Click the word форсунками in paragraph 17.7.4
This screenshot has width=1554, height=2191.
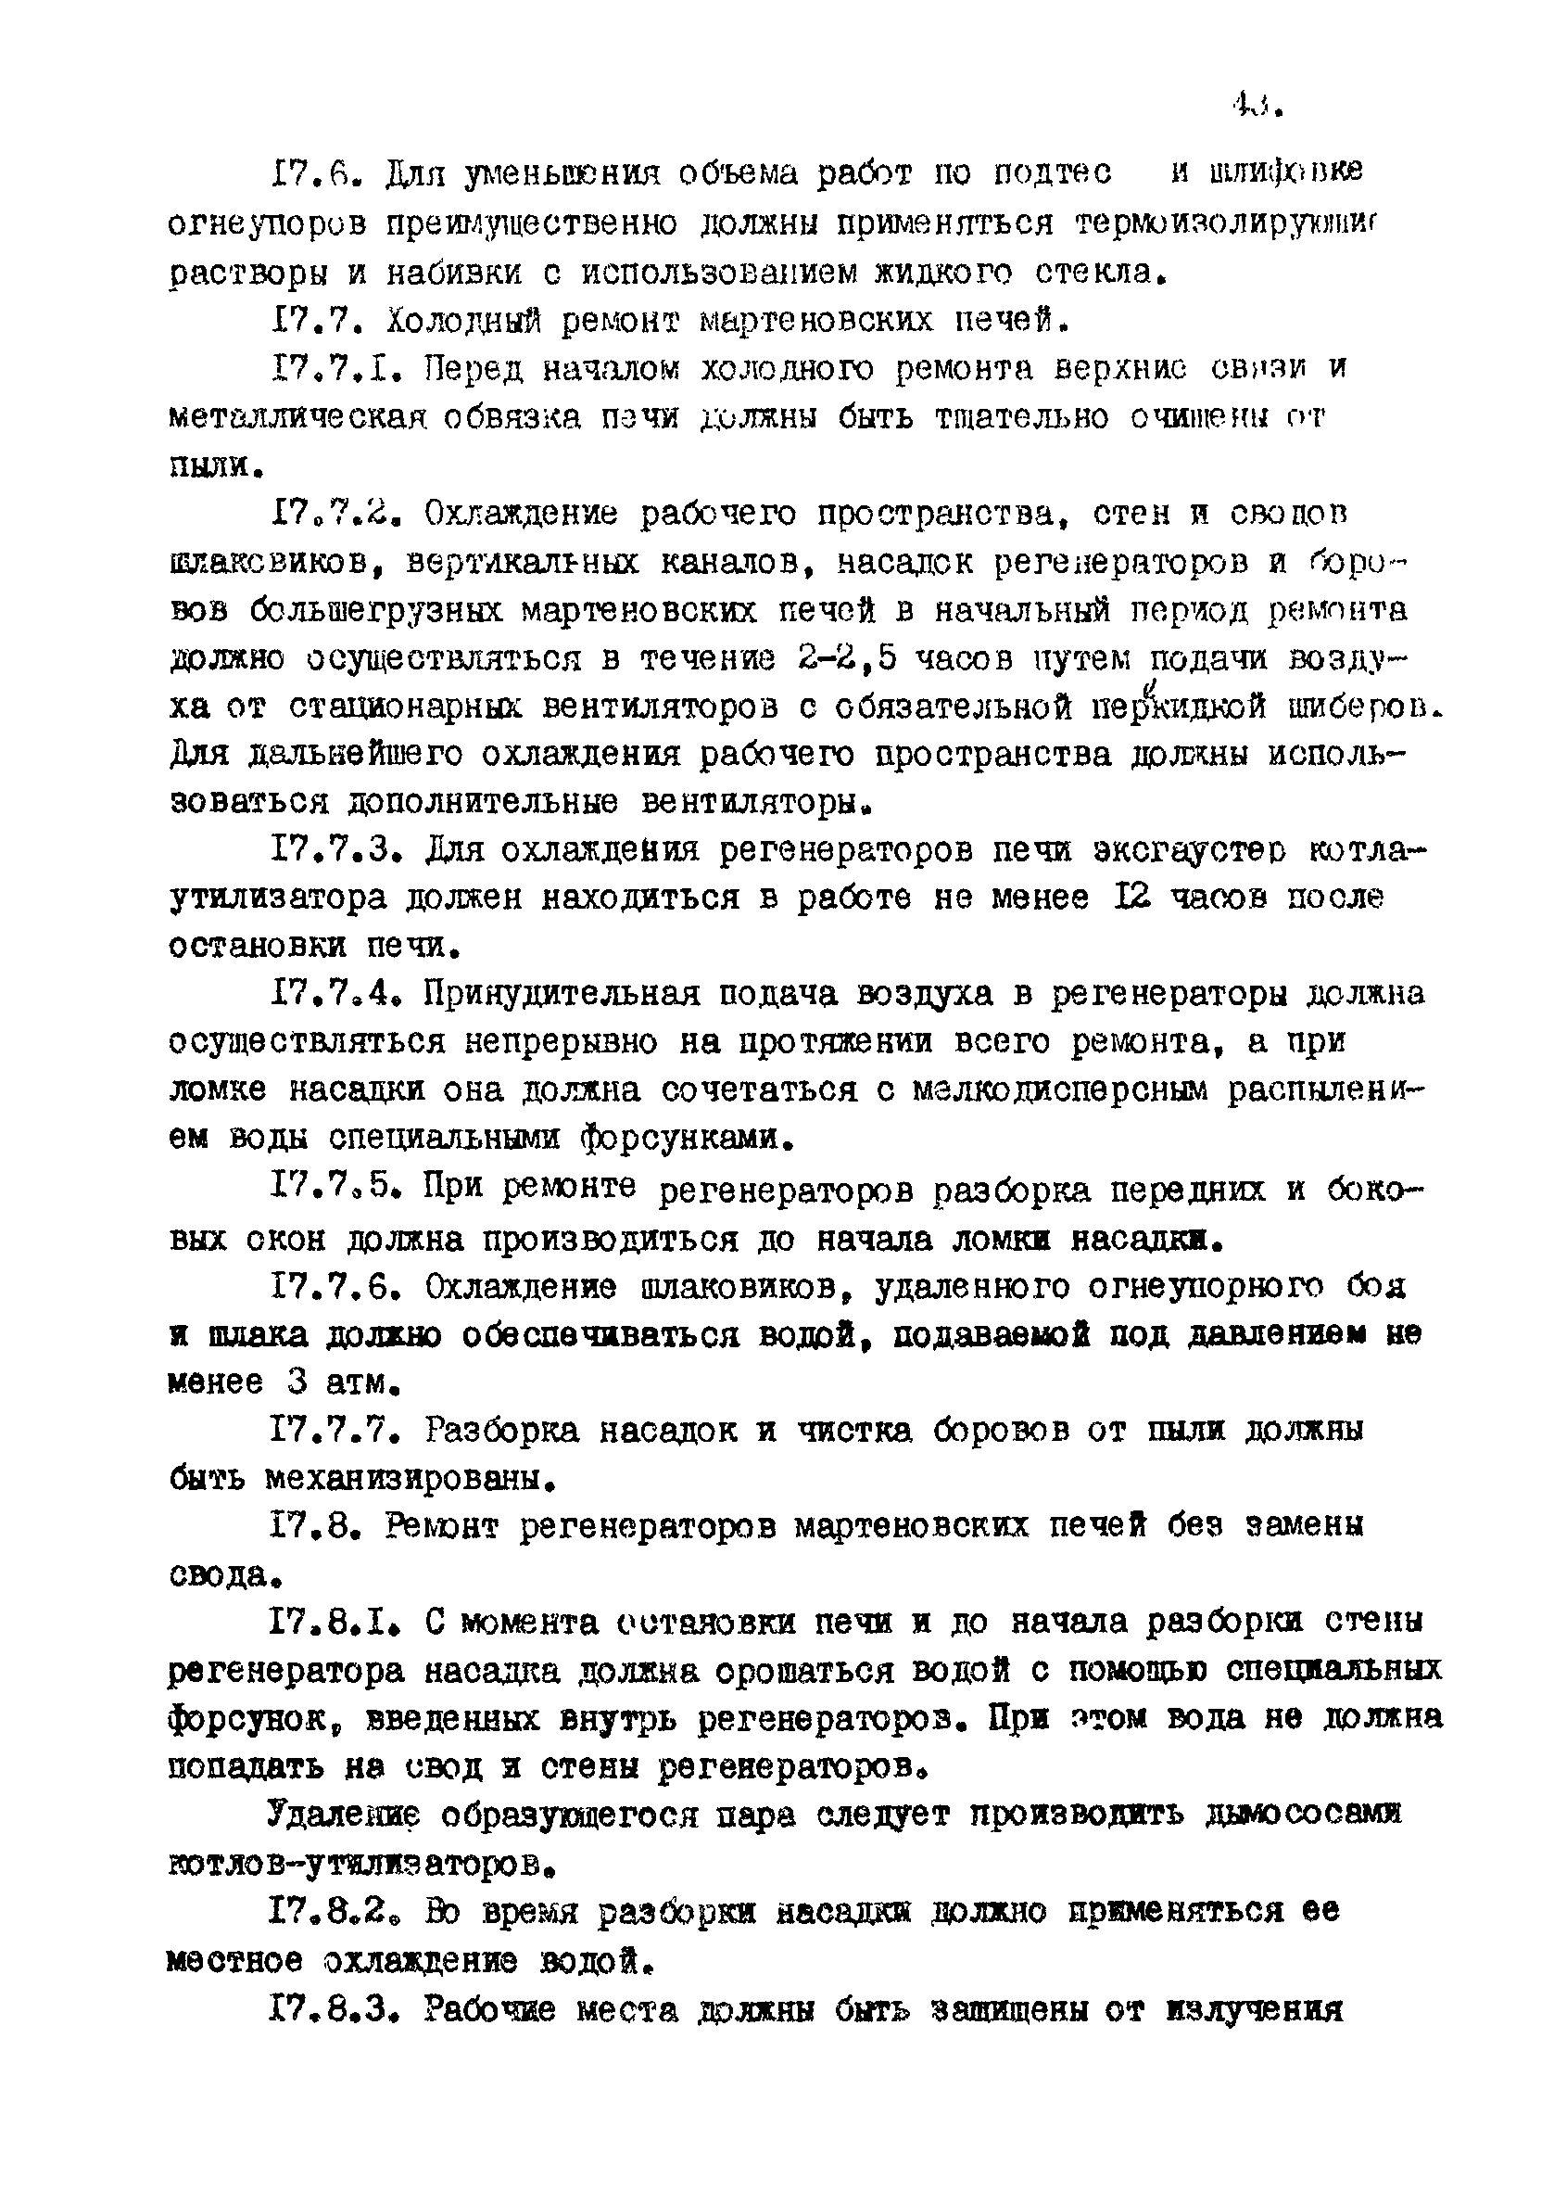point(688,1138)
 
